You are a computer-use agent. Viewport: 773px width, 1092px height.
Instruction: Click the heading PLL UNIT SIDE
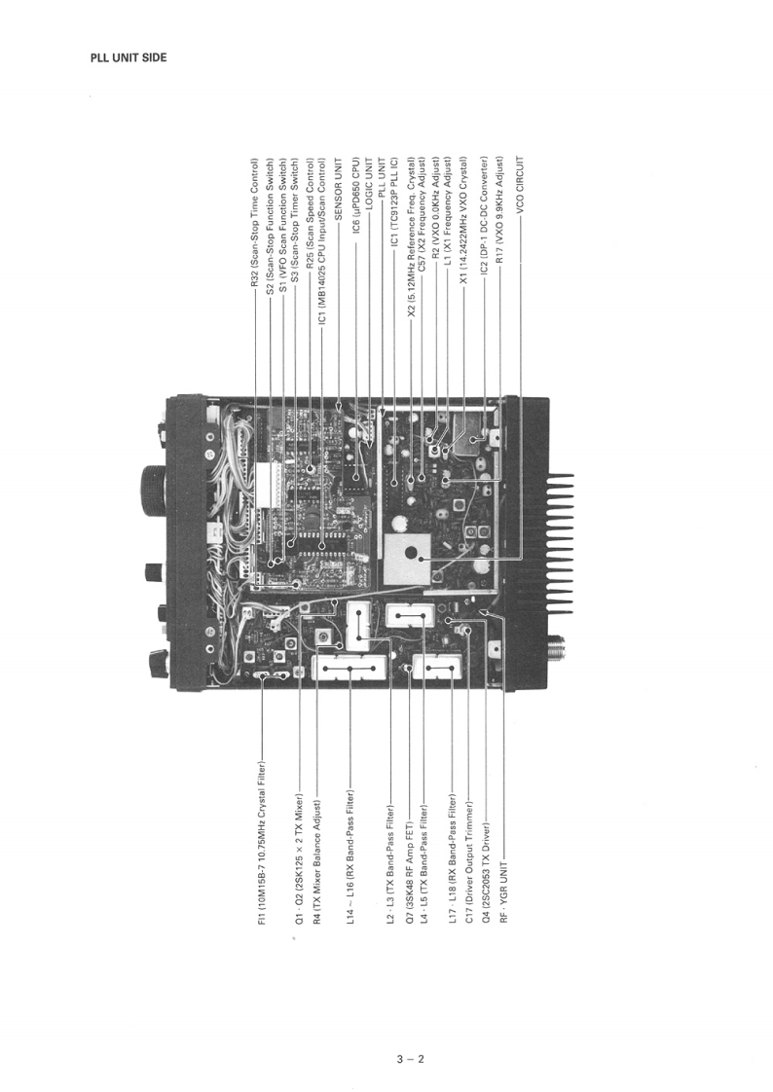(129, 58)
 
